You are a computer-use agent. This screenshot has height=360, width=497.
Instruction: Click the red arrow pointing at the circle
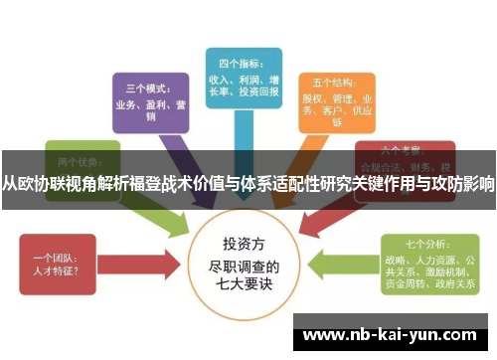(150, 262)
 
